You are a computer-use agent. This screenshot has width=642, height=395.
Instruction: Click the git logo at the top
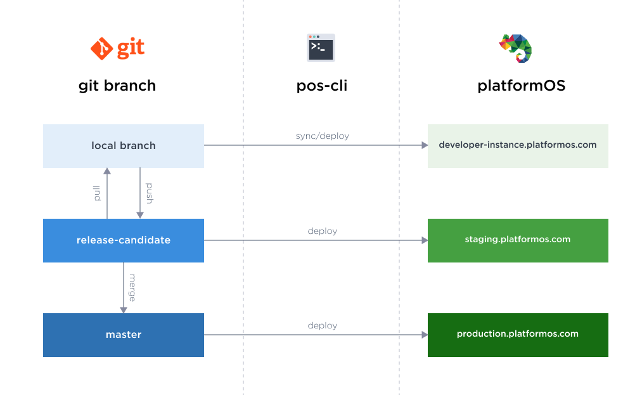(x=117, y=48)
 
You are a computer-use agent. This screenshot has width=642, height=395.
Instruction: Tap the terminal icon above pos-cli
(x=321, y=48)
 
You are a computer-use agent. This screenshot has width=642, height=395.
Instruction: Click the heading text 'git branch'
(x=117, y=86)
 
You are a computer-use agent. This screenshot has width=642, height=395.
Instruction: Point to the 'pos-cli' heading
(x=321, y=86)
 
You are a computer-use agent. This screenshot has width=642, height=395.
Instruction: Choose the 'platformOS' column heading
(x=521, y=86)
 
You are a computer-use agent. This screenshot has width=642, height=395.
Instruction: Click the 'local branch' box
(x=124, y=146)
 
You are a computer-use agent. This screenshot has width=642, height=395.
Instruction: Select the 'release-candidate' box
(x=124, y=240)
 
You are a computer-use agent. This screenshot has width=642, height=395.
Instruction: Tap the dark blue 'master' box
(x=124, y=335)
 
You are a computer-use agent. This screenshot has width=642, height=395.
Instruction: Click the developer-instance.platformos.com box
(x=518, y=145)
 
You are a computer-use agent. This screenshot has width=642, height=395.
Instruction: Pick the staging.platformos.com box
(x=518, y=240)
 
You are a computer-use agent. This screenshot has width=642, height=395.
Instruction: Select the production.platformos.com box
(x=518, y=334)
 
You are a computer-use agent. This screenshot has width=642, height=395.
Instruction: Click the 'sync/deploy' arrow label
(x=322, y=136)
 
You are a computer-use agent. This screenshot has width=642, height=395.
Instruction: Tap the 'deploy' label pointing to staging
(x=322, y=231)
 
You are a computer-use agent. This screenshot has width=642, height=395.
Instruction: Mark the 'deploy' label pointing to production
(x=322, y=325)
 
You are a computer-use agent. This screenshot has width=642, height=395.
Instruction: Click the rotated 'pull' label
(x=98, y=193)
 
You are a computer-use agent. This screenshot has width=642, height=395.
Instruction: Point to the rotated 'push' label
(x=150, y=193)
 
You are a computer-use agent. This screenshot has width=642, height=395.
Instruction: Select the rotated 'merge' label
(x=132, y=287)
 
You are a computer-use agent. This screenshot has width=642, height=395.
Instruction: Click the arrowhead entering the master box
(x=124, y=309)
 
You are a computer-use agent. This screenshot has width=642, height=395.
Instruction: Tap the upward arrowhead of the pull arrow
(x=107, y=171)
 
